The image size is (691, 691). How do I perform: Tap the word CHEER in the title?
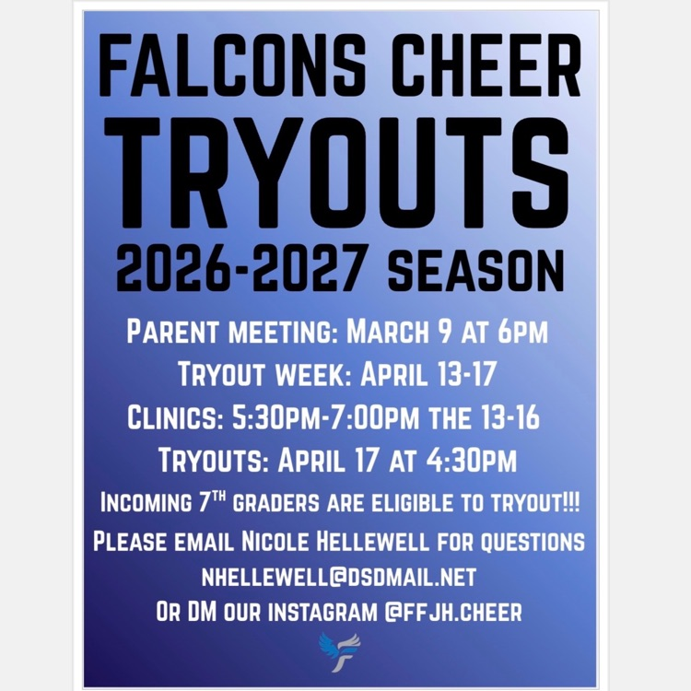coord(476,69)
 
